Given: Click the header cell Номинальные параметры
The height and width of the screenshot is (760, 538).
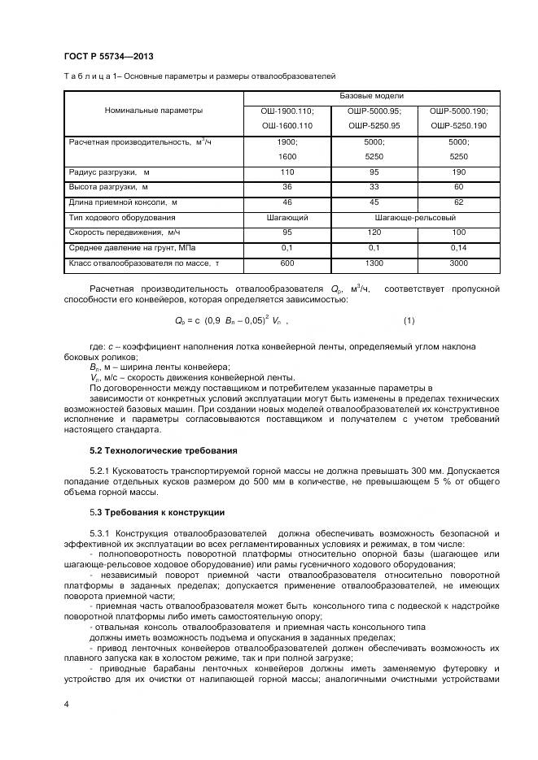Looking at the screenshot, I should pyautogui.click(x=154, y=110).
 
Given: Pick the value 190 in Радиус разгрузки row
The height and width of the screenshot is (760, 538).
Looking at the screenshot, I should pyautogui.click(x=458, y=172).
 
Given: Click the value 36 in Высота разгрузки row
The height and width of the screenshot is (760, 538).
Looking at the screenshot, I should pyautogui.click(x=286, y=187).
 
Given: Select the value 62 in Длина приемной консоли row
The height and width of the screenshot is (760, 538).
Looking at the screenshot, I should pyautogui.click(x=458, y=202).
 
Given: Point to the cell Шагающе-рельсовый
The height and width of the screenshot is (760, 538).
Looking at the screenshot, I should pyautogui.click(x=415, y=218).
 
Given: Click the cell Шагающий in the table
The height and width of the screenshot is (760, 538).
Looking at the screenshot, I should pyautogui.click(x=286, y=218).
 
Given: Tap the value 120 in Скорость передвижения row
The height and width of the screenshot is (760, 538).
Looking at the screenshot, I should pyautogui.click(x=374, y=232).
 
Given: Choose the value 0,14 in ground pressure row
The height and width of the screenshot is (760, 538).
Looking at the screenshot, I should pyautogui.click(x=458, y=248).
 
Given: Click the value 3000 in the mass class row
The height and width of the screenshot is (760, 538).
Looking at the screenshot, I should pyautogui.click(x=458, y=263).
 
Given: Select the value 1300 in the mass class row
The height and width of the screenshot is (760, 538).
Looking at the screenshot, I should pyautogui.click(x=374, y=263).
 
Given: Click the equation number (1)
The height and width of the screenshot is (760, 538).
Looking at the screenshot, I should pyautogui.click(x=409, y=320).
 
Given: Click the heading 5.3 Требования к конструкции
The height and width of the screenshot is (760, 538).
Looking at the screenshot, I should pyautogui.click(x=156, y=512).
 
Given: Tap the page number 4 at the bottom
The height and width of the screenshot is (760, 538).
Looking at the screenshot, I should pyautogui.click(x=65, y=703).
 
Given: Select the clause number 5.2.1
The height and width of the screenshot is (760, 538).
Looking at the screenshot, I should pyautogui.click(x=100, y=471).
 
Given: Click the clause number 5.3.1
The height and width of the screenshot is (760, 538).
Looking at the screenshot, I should pyautogui.click(x=100, y=533).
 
